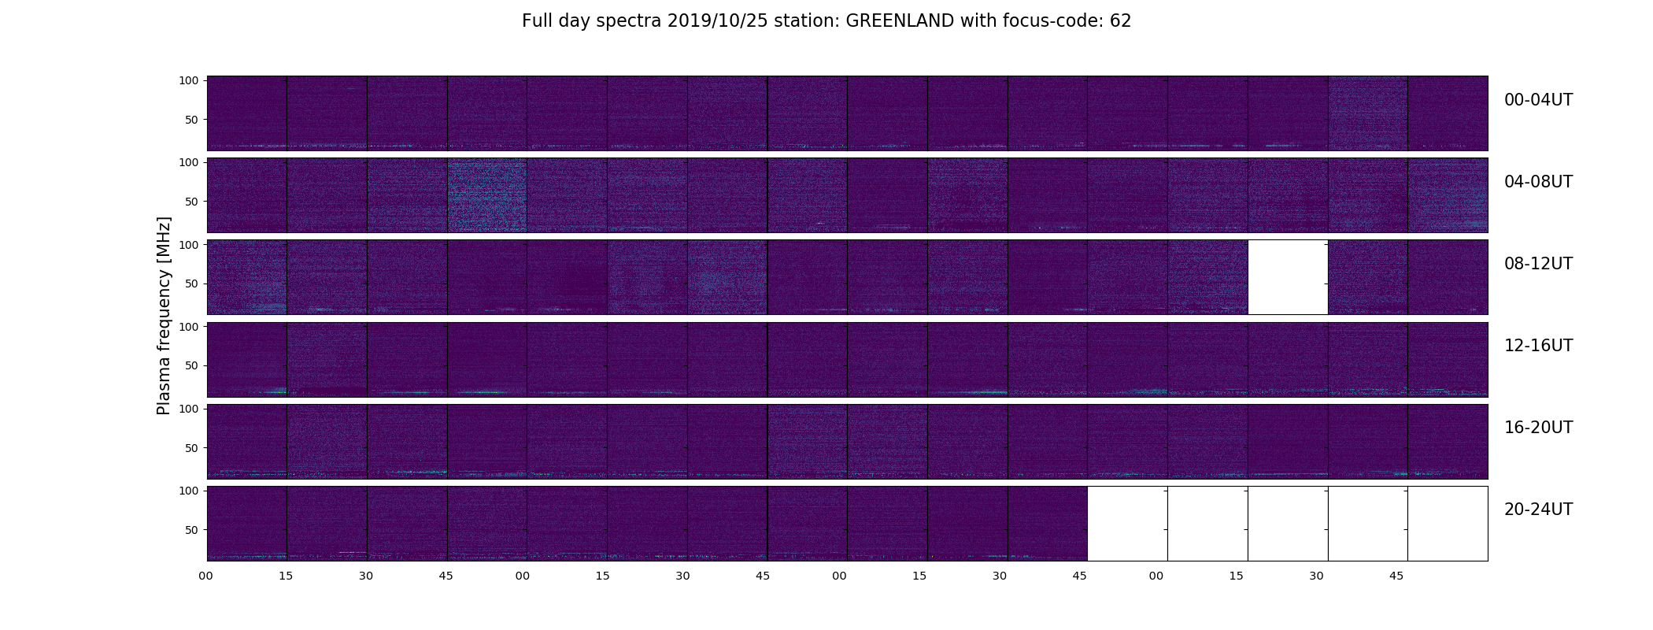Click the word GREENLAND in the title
tap(900, 21)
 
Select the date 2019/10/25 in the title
tap(719, 21)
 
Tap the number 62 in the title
tap(1121, 21)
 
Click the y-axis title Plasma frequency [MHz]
tap(164, 316)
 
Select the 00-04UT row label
tap(1538, 100)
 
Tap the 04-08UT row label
tap(1538, 182)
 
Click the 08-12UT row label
tap(1538, 264)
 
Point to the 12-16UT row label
tap(1538, 346)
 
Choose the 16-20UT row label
tap(1538, 428)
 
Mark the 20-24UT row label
tap(1538, 510)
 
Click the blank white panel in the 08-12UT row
tap(1288, 277)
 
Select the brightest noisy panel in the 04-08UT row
tap(487, 195)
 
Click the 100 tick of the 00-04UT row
tap(189, 80)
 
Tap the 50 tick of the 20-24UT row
tap(192, 530)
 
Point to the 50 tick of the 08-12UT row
tap(192, 283)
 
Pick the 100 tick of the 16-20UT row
tap(189, 409)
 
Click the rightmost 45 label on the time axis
tap(1396, 576)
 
